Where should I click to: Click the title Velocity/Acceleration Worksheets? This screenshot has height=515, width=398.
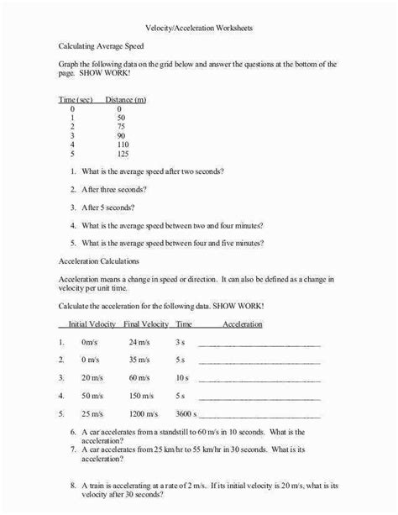coord(198,28)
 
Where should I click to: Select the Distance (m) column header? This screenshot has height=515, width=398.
coord(126,100)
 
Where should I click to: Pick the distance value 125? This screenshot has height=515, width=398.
coord(124,155)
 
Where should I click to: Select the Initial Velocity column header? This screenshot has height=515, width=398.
coord(88,323)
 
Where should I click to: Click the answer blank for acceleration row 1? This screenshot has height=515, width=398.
coord(259,344)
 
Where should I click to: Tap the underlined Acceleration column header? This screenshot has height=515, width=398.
coord(243,323)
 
